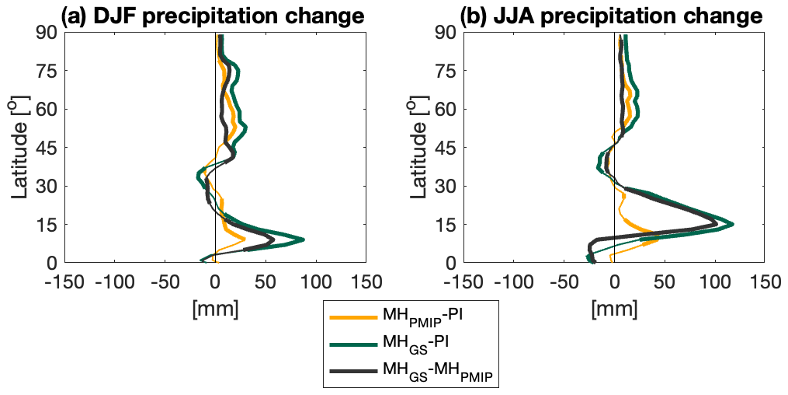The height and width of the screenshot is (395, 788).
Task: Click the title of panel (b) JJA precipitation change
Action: pos(611,15)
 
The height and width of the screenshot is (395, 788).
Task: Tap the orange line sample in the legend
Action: pos(351,316)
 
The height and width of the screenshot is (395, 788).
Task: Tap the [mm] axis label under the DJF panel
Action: pos(215,308)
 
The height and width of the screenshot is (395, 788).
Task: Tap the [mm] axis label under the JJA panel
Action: pos(614,308)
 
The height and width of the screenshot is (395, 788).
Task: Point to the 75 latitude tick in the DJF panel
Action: pos(49,71)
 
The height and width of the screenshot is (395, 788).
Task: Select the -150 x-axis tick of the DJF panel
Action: pos(64,280)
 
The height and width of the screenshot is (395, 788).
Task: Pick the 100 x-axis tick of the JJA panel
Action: pos(714,280)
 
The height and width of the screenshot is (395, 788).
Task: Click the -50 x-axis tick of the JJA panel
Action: pos(564,280)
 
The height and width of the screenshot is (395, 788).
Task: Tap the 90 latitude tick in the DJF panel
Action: pos(49,33)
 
